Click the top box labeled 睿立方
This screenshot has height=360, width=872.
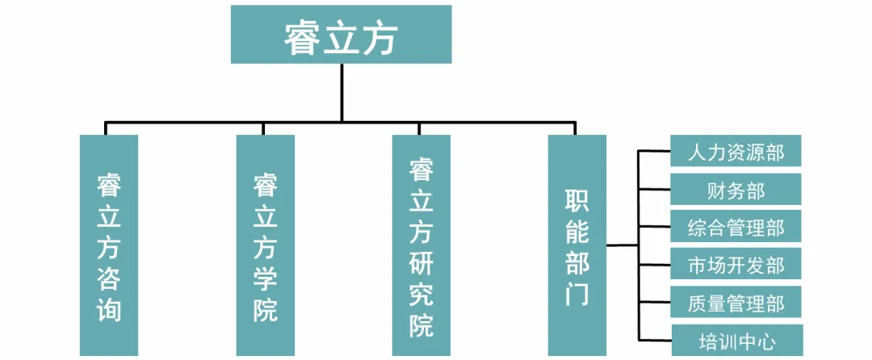point(341,35)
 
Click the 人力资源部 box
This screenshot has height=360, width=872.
point(736,151)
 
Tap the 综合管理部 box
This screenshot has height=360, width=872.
point(736,226)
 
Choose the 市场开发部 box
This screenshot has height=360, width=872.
point(736,264)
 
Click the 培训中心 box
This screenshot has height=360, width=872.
point(736,340)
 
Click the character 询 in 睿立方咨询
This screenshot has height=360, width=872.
point(109,308)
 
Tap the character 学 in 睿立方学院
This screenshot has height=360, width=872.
point(265,278)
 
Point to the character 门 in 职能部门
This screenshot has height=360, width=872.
point(576,294)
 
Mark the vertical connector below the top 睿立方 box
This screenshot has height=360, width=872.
point(342,92)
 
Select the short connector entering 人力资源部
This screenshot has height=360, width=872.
point(654,151)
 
